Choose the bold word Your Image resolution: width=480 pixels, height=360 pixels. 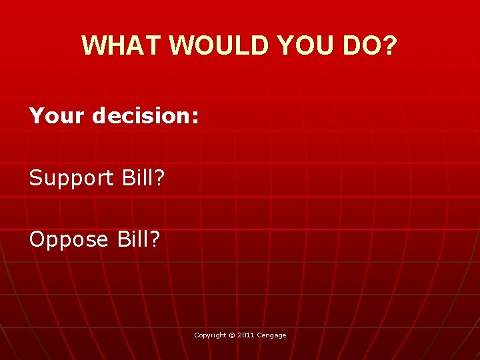tap(57, 117)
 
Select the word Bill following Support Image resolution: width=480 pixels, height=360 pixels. tap(137, 177)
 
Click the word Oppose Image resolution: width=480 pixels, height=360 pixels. tap(69, 239)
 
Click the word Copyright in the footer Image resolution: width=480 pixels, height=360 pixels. tap(210, 335)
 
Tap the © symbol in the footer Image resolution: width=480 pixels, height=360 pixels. tap(232, 335)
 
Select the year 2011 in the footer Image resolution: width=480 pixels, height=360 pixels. tap(245, 335)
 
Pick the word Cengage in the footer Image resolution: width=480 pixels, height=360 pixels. tap(271, 335)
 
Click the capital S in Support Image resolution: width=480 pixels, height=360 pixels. tap(36, 177)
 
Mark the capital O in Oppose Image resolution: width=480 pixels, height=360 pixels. tap(37, 238)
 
